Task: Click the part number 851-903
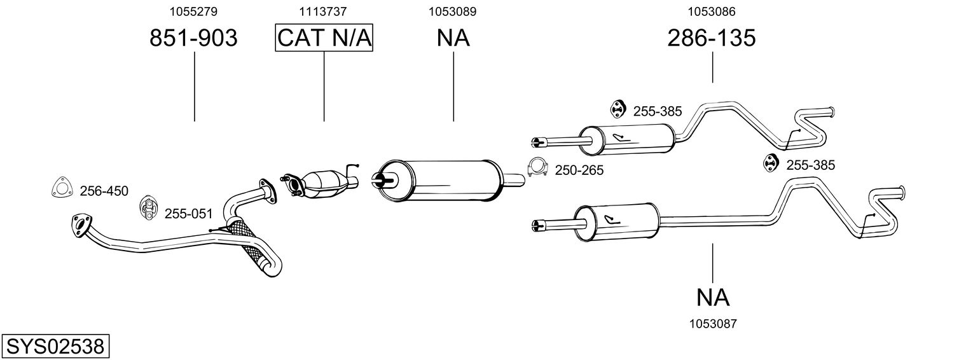point(194,38)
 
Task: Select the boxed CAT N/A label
point(324,38)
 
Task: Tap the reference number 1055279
point(193,11)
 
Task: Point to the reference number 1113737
point(322,11)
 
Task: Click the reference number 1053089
point(453,11)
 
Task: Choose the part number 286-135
point(712,38)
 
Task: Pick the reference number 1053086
point(712,11)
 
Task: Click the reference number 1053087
point(713,324)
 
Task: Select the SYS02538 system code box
point(55,347)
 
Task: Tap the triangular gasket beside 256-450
point(61,188)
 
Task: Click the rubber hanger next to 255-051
point(148,207)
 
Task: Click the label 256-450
point(104,191)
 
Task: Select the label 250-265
point(579,170)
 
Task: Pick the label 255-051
point(188,214)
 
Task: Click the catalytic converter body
point(326,184)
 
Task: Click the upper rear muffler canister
point(627,139)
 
